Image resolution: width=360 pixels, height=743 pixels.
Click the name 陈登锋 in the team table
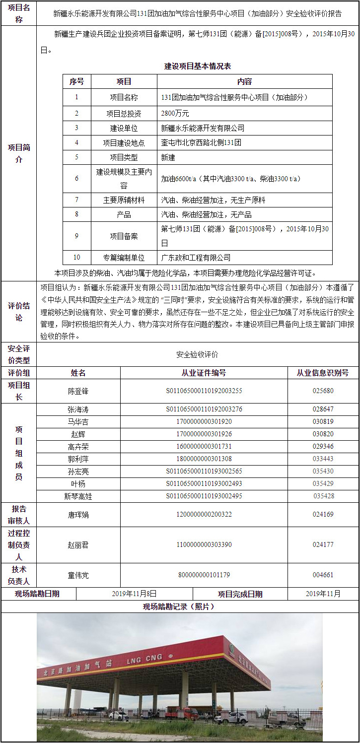(78, 391)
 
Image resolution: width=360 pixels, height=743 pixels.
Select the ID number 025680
(323, 391)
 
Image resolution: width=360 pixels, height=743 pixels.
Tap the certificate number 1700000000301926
(204, 434)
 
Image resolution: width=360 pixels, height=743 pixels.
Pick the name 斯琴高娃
(78, 496)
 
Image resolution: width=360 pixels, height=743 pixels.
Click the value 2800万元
(175, 113)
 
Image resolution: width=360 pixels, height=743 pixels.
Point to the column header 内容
(244, 82)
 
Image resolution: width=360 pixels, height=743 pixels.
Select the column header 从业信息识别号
(323, 373)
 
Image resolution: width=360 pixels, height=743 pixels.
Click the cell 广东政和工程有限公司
(196, 258)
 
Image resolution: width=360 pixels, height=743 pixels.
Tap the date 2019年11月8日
(134, 594)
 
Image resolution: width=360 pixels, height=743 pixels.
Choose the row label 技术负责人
(19, 575)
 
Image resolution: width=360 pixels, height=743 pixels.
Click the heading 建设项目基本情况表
(198, 66)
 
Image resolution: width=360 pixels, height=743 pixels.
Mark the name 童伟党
(78, 575)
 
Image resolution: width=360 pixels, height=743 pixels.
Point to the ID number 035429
(323, 483)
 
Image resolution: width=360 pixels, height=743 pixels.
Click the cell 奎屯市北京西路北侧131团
(201, 143)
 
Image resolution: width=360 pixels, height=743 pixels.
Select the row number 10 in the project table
(76, 258)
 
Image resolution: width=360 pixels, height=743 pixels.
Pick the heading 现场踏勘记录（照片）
(179, 607)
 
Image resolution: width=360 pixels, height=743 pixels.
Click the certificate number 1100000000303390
(204, 544)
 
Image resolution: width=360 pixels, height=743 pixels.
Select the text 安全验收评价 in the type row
(197, 355)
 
